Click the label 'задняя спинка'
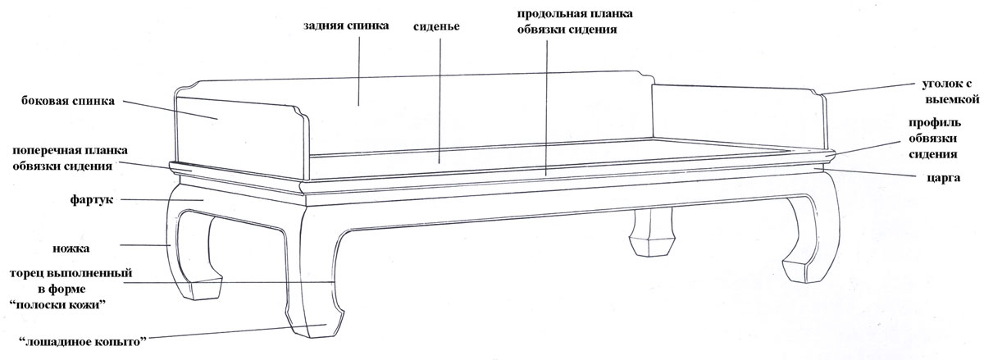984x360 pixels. coord(346,25)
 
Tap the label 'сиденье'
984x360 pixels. coord(436,26)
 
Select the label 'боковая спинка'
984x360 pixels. coord(68,101)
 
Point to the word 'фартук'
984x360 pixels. coord(91,200)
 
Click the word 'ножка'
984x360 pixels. coord(71,248)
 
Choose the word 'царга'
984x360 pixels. coord(943,178)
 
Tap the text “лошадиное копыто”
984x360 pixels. coord(83,341)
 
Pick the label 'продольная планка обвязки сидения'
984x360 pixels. coord(575,21)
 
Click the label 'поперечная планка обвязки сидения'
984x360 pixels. coord(70,158)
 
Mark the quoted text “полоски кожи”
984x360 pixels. coord(58,304)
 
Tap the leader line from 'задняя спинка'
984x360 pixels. coord(358,71)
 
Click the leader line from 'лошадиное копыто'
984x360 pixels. coord(236,332)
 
